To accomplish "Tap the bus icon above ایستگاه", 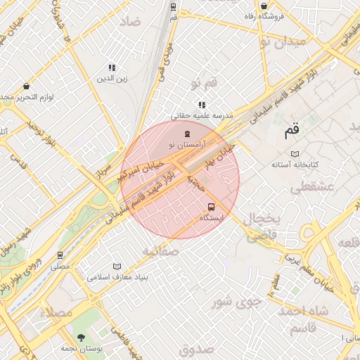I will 212,207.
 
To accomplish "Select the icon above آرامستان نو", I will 187,133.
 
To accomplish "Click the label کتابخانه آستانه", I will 296,165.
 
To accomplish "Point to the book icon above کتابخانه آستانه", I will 295,153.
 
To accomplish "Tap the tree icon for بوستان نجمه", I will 82,337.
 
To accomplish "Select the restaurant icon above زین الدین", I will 112,68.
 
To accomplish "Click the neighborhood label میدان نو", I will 283,41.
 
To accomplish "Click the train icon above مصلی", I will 60,255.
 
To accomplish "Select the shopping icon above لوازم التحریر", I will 26,86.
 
